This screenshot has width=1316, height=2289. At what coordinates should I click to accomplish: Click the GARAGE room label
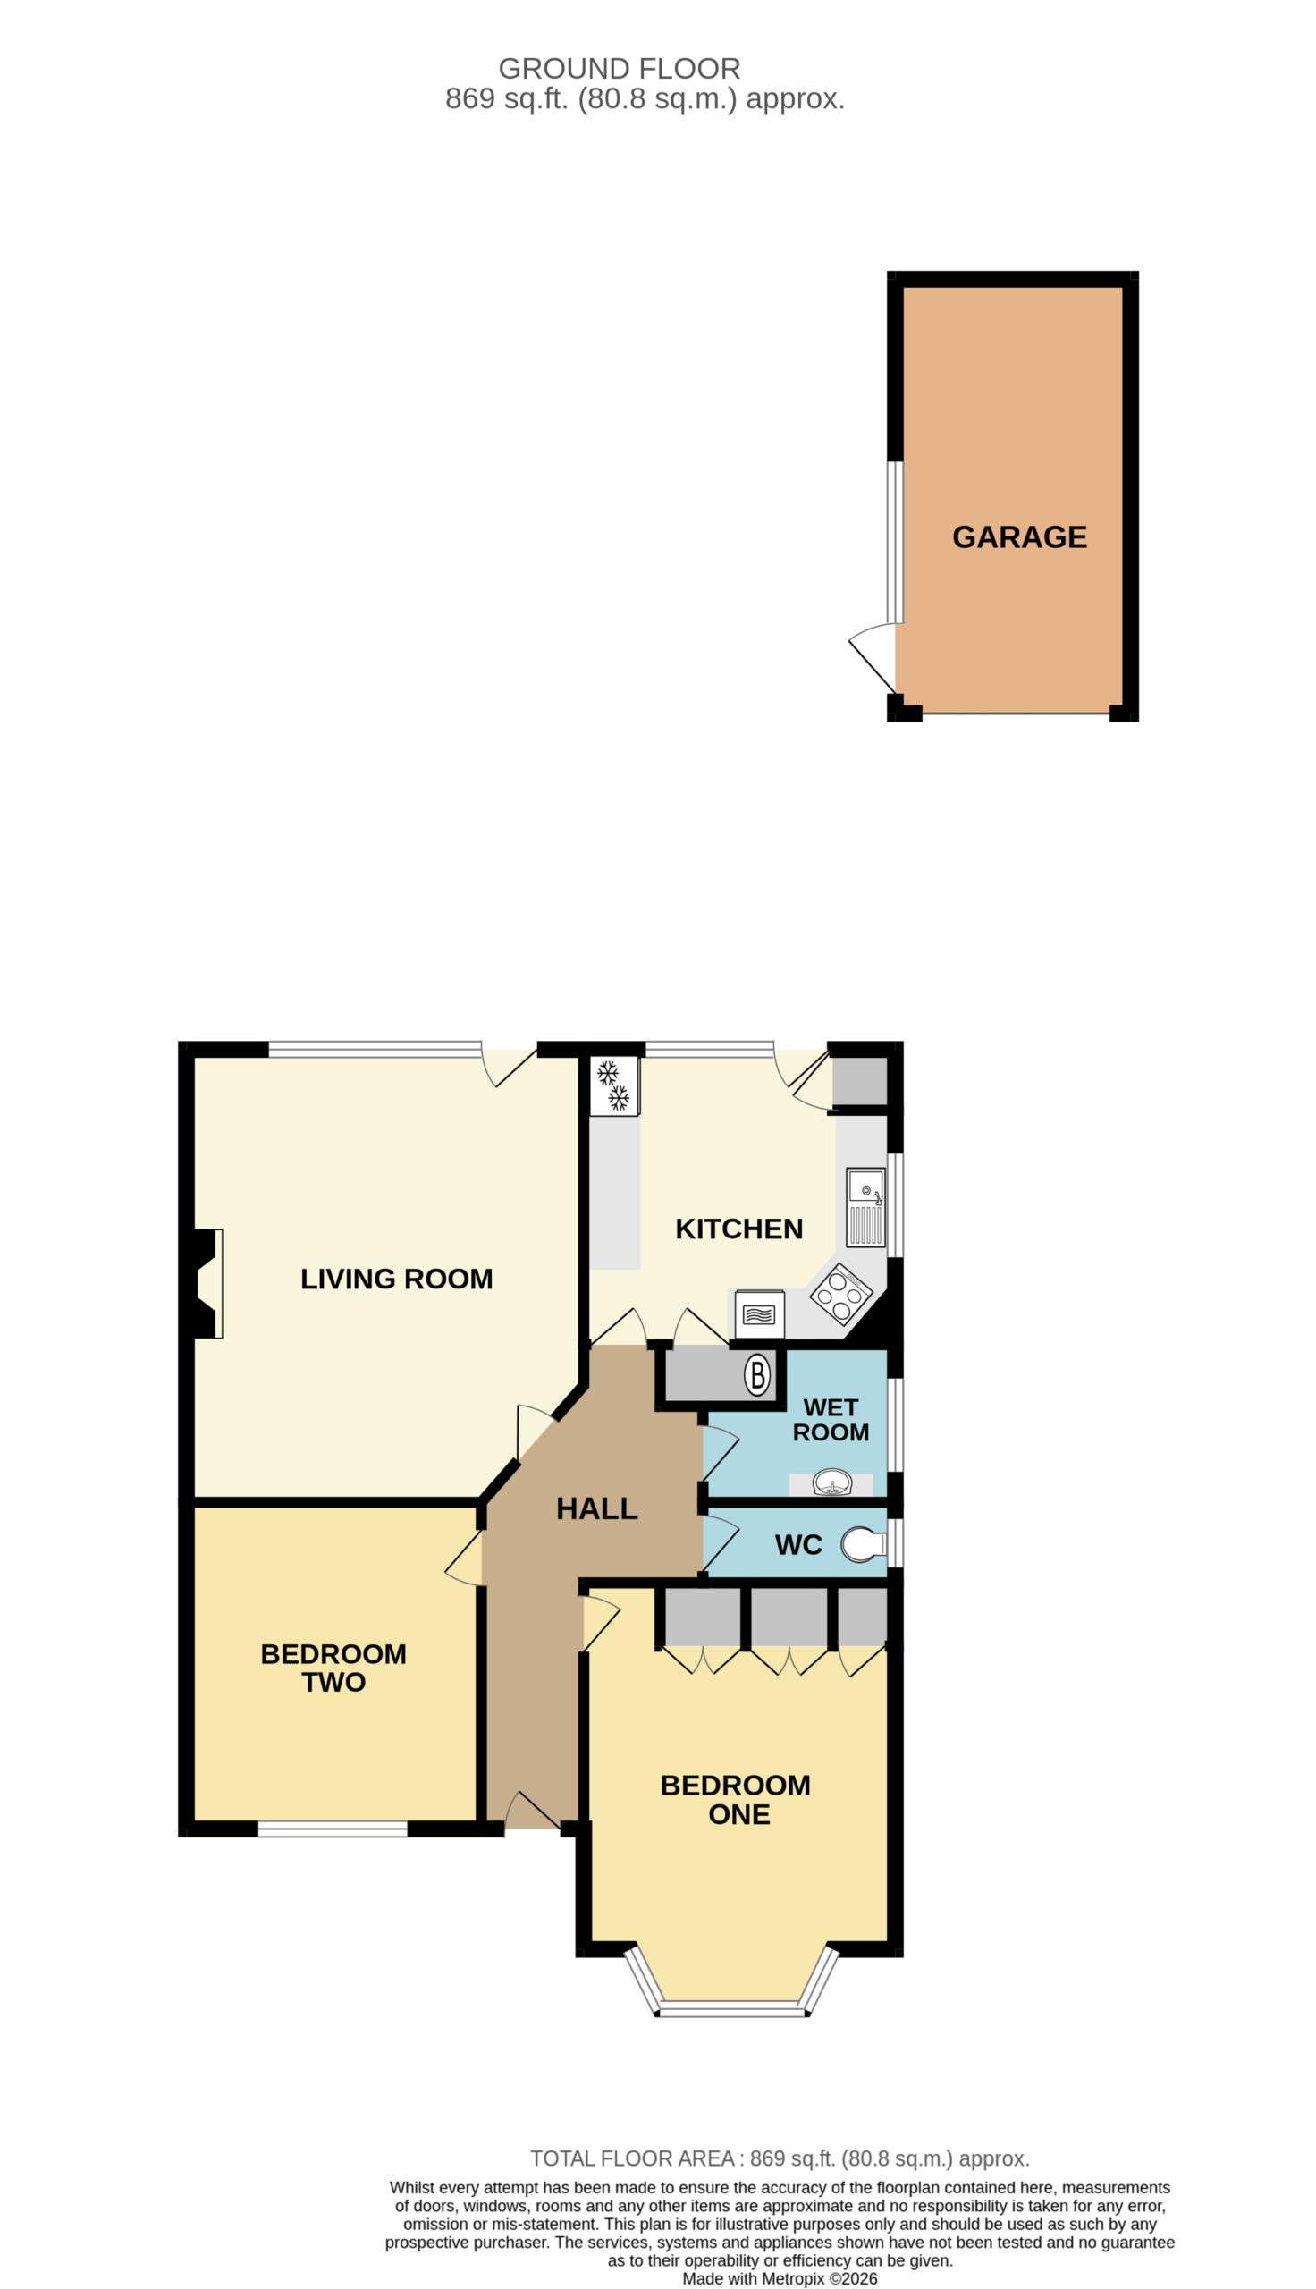pos(1019,536)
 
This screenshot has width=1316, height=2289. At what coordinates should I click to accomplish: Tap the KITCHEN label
pos(738,1229)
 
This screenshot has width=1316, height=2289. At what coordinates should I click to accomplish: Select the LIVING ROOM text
pos(396,1279)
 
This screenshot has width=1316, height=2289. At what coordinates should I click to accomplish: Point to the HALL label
pos(596,1508)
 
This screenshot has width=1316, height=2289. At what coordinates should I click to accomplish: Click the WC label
pos(798,1545)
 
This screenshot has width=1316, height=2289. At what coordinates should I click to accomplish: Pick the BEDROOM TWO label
pos(333,1668)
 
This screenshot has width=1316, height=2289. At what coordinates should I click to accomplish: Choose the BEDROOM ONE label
pos(736,1799)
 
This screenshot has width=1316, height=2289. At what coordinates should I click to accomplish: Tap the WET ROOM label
pos(831,1420)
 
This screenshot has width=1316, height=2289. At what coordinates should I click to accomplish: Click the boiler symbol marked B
pos(757,1375)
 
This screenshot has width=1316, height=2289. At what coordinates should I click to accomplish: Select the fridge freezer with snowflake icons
pos(614,1086)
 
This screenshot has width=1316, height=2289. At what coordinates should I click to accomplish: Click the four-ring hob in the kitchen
pos(840,1294)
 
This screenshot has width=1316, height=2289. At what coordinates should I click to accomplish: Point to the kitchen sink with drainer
pos(865,1207)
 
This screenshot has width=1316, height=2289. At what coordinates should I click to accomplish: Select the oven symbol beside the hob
pos(759,1313)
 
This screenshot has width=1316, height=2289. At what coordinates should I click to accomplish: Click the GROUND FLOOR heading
pos(620,69)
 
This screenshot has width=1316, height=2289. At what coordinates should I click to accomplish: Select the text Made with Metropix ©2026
pos(779,2278)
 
